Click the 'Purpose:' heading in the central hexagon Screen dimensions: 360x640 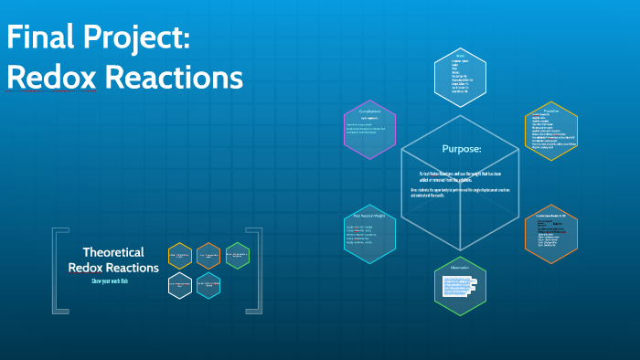coord(461,148)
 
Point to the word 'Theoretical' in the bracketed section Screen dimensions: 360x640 coord(113,252)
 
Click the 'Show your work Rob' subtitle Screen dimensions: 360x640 coord(113,281)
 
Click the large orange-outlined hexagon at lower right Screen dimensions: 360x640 coord(551,233)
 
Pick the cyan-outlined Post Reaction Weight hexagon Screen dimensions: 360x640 coord(370,233)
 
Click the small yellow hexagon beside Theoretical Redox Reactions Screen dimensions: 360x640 coord(180,256)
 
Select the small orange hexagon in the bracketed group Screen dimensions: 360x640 coord(208,256)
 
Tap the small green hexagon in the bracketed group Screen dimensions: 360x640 coord(237,256)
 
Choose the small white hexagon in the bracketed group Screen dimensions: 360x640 coord(180,286)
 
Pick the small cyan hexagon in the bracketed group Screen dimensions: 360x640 coord(208,286)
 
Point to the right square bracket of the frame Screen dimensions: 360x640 coord(257,270)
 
